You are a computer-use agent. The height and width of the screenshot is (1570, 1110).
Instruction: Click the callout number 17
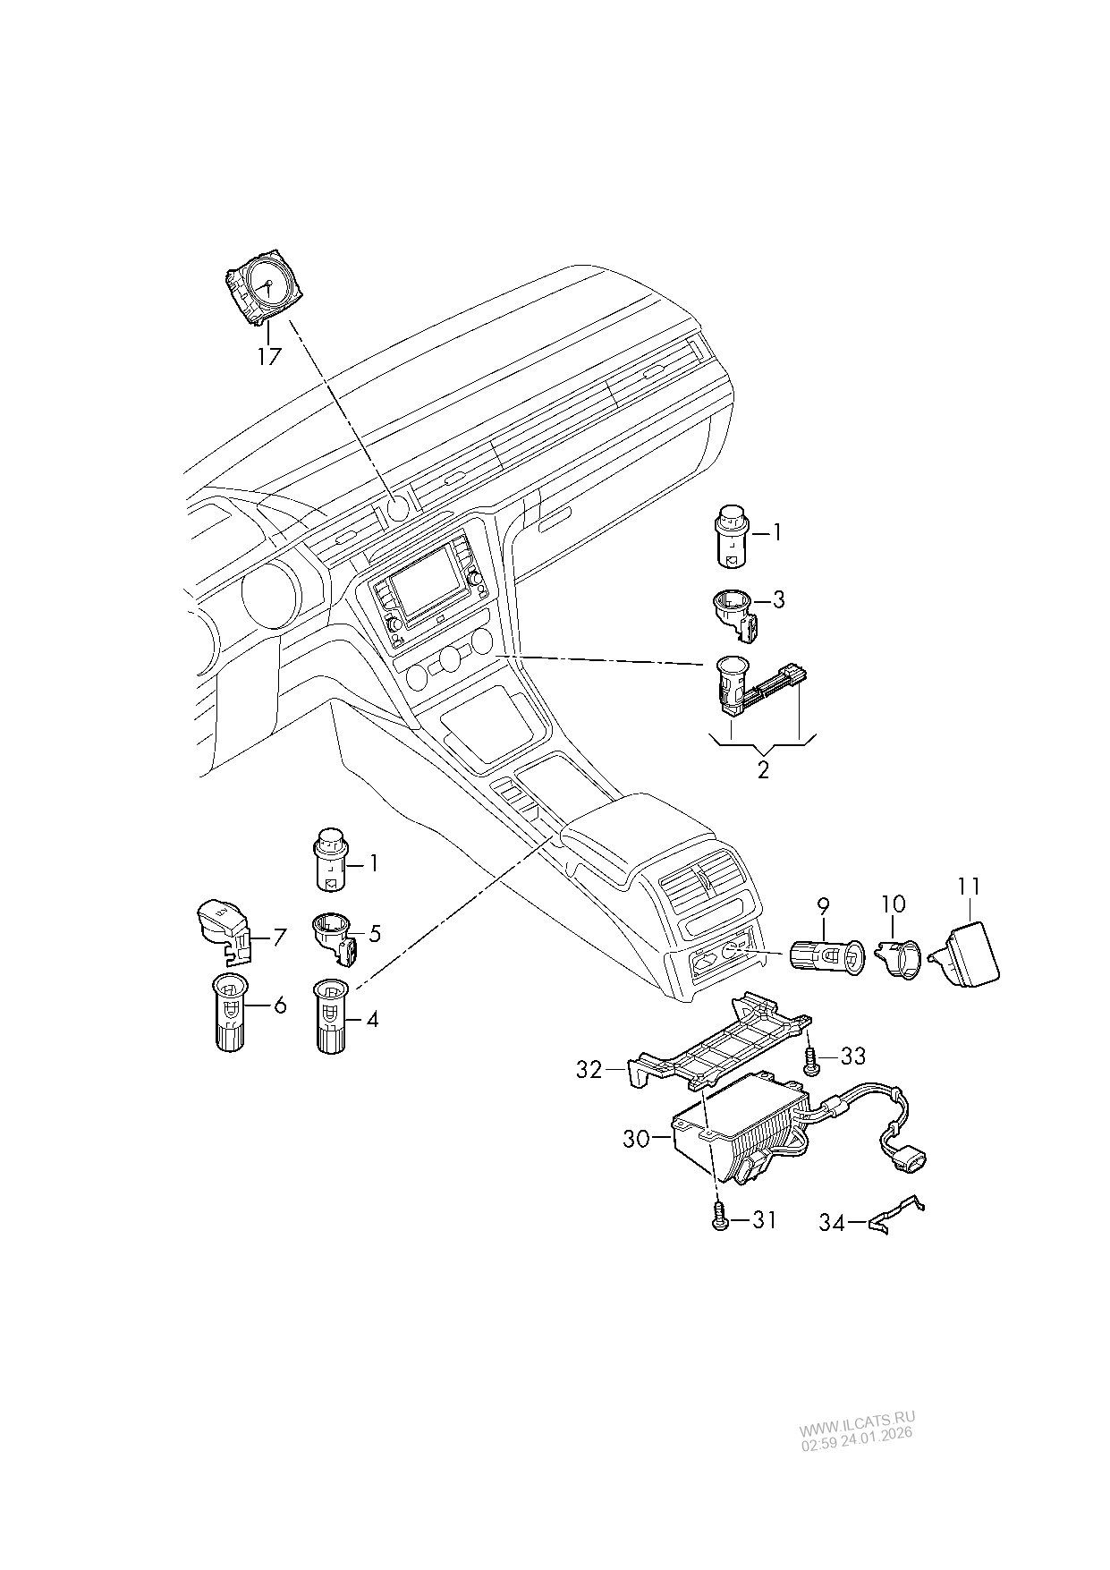click(x=269, y=356)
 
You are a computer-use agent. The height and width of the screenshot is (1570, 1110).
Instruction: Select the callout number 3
click(x=778, y=599)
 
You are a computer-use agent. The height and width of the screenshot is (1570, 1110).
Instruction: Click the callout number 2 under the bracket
click(x=763, y=769)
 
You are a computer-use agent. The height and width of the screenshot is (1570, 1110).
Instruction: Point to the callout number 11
click(x=969, y=887)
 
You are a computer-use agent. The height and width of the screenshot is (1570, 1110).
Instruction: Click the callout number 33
click(x=853, y=1057)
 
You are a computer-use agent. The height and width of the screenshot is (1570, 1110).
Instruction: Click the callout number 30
click(x=637, y=1139)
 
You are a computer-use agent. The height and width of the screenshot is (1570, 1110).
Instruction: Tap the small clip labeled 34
click(x=896, y=1215)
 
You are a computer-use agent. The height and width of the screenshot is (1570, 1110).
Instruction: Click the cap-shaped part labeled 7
click(x=223, y=928)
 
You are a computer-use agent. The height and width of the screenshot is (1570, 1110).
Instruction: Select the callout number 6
click(x=280, y=1006)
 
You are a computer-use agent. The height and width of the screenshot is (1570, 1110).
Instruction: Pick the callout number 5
click(x=374, y=934)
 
